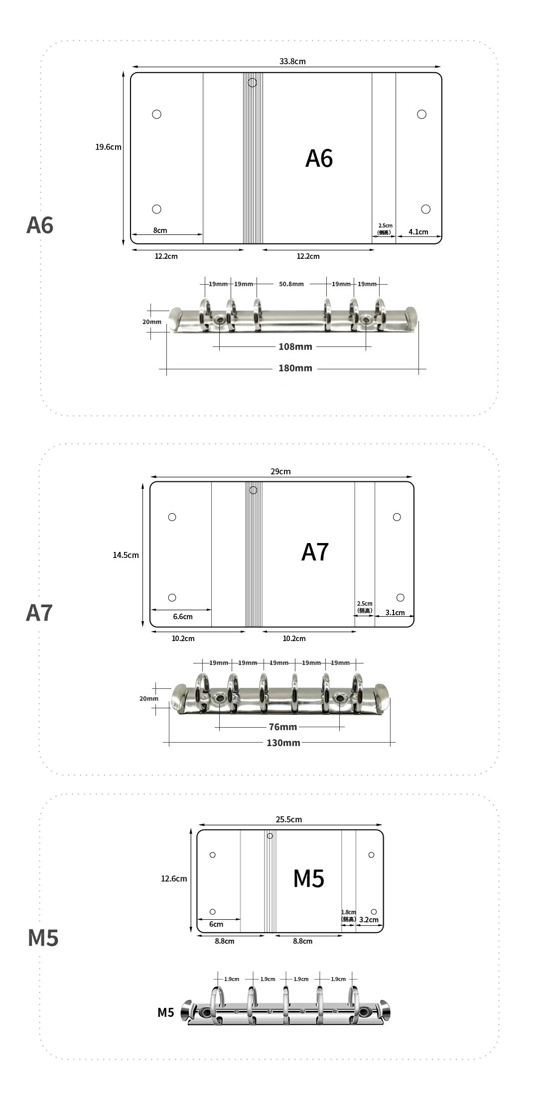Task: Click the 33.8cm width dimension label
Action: click(292, 61)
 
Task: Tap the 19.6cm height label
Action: click(108, 147)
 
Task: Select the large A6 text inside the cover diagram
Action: click(319, 158)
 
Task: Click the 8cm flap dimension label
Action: click(160, 230)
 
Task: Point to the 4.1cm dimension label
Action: click(418, 231)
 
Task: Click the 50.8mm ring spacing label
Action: click(291, 284)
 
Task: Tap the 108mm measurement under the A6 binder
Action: click(295, 346)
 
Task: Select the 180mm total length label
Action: click(295, 368)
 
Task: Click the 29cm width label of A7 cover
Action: click(280, 471)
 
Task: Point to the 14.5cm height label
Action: click(126, 555)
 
